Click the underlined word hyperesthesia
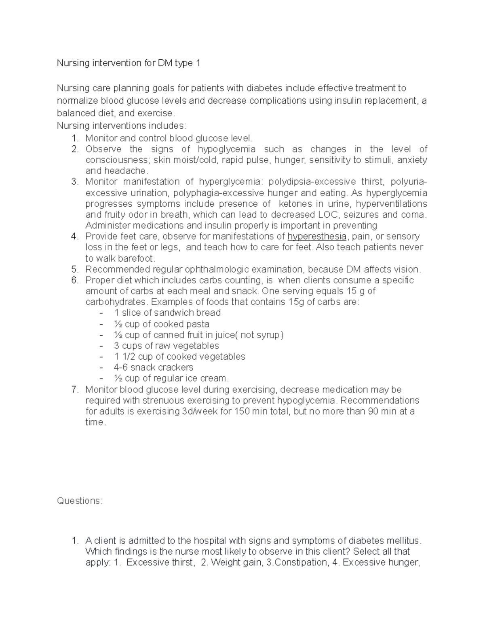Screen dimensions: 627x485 (316, 236)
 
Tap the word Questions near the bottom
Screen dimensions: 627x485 (80, 501)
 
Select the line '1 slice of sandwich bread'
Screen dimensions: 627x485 (167, 313)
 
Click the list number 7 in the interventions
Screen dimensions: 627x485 (74, 390)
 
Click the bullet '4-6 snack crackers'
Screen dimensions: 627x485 (154, 367)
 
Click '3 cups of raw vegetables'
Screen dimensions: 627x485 (167, 346)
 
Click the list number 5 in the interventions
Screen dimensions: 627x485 (74, 269)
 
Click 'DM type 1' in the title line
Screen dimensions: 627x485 (178, 63)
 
